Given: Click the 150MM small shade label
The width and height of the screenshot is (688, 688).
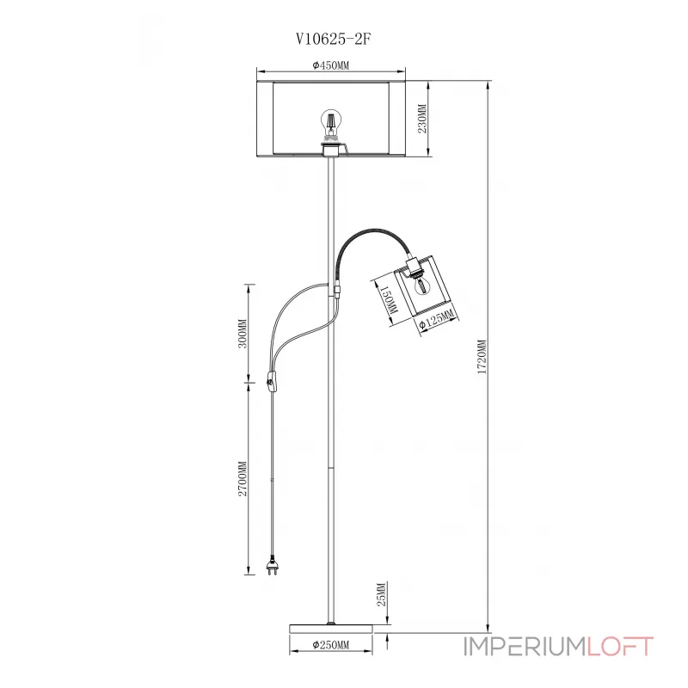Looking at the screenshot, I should (x=388, y=298).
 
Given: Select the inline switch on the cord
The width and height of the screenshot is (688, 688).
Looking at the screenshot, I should (x=273, y=379).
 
